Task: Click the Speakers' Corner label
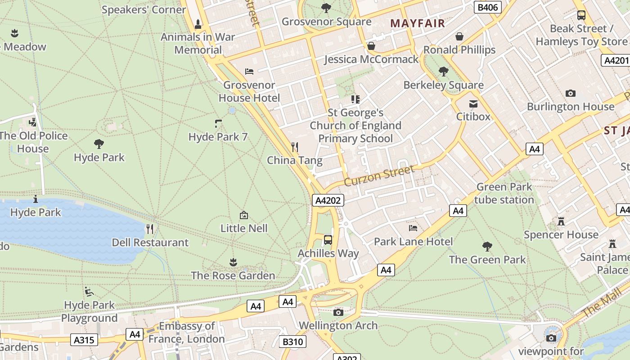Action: (x=144, y=9)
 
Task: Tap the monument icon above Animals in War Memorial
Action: (x=198, y=24)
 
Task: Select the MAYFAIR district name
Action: (x=417, y=23)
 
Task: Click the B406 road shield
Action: (x=488, y=7)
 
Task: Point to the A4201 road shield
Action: (x=615, y=60)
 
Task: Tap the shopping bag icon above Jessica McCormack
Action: (x=371, y=46)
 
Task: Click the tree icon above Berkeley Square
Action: (x=443, y=72)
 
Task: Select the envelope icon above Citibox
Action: (x=473, y=104)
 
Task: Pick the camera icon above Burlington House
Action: (x=570, y=94)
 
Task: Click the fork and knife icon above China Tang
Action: (x=295, y=147)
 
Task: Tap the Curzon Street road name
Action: (x=379, y=175)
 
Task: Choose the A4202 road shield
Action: (x=328, y=201)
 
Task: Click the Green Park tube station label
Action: (x=504, y=193)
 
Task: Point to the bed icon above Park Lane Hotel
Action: (x=413, y=228)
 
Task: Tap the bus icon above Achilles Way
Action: (x=328, y=239)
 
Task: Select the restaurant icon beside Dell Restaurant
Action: (x=150, y=229)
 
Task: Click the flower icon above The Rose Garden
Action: (x=233, y=262)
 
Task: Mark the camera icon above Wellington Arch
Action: (x=338, y=312)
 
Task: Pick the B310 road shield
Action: (x=292, y=342)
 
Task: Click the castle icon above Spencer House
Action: (x=561, y=221)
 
